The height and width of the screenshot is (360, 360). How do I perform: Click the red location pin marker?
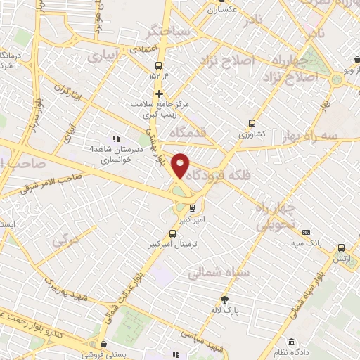click(181, 165)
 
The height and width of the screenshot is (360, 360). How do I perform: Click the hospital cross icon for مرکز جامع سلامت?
click(160, 94)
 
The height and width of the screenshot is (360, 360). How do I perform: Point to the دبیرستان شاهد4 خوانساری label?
click(120, 154)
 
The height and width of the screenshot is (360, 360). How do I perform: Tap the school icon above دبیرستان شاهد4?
click(116, 139)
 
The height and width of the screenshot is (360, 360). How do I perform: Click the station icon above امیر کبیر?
click(192, 208)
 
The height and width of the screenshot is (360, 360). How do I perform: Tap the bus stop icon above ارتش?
click(341, 248)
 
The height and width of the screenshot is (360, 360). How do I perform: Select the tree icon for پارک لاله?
click(224, 299)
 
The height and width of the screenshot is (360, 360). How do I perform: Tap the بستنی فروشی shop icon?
click(104, 345)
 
